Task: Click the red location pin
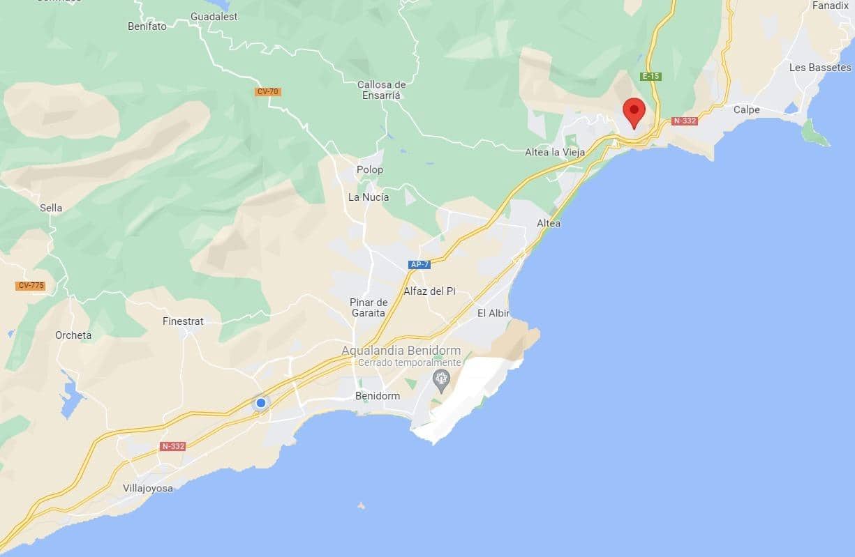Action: (x=633, y=112)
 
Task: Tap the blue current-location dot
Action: (x=261, y=403)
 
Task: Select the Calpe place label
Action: (x=746, y=109)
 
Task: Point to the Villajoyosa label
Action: (x=147, y=488)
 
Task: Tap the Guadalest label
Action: (x=214, y=16)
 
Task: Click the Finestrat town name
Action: (x=183, y=321)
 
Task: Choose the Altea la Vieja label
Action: (x=554, y=153)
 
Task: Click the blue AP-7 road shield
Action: (x=419, y=265)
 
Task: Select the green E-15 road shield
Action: (x=650, y=77)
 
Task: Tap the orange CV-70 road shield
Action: (x=268, y=91)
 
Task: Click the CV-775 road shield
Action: (x=30, y=286)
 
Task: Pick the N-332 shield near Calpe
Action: (x=685, y=121)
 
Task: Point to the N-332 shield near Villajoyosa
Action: (x=172, y=446)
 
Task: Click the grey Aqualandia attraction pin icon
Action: (x=440, y=379)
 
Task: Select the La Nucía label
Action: (x=369, y=197)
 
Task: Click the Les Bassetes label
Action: (x=820, y=68)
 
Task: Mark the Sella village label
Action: (x=51, y=208)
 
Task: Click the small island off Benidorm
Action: (x=361, y=505)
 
